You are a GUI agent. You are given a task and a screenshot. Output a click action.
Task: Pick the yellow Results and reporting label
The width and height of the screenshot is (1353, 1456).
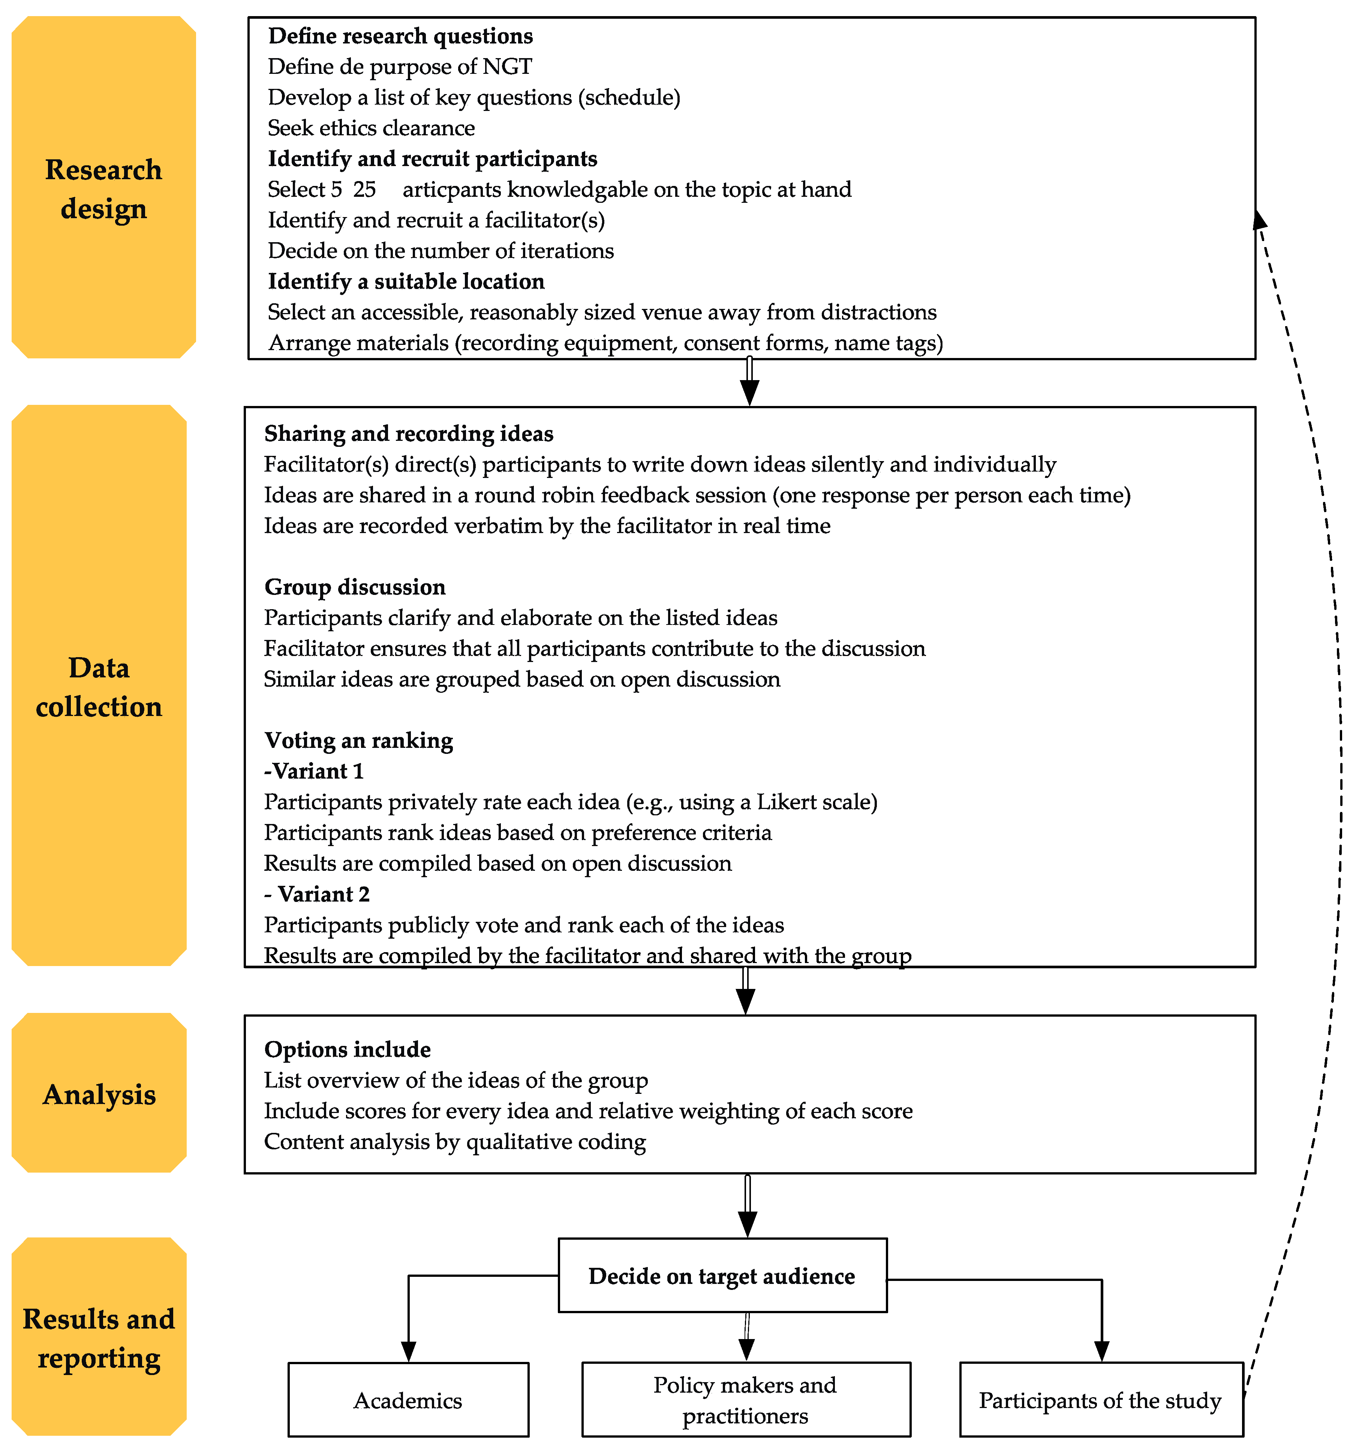(x=99, y=1338)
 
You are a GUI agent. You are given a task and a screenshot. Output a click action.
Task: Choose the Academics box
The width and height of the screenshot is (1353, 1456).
(x=408, y=1400)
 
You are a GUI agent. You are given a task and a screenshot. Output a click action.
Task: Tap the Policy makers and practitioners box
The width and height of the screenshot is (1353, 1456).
(x=745, y=1400)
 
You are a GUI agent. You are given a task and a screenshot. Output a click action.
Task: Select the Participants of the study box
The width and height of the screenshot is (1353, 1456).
(x=1100, y=1400)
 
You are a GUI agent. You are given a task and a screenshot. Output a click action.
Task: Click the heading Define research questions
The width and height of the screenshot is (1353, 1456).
(x=400, y=36)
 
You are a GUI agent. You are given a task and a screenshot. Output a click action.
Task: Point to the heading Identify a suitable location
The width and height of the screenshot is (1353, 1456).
(x=406, y=281)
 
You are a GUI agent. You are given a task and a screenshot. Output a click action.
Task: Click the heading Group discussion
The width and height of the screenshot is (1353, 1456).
(x=355, y=586)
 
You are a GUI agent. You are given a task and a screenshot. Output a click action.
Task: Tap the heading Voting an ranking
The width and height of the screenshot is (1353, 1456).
(x=359, y=740)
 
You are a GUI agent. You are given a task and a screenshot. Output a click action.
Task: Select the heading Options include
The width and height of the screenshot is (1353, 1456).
(x=348, y=1049)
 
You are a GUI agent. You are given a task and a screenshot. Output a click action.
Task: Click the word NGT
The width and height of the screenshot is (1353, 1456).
(x=507, y=67)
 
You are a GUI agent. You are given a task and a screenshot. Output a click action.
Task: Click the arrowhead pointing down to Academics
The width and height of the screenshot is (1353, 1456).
(x=409, y=1351)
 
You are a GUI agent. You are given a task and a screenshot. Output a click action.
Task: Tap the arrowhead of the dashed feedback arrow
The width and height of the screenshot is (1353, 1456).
(x=1259, y=220)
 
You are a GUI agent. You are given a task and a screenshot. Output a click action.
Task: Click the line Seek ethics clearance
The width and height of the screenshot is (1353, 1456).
(x=371, y=128)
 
